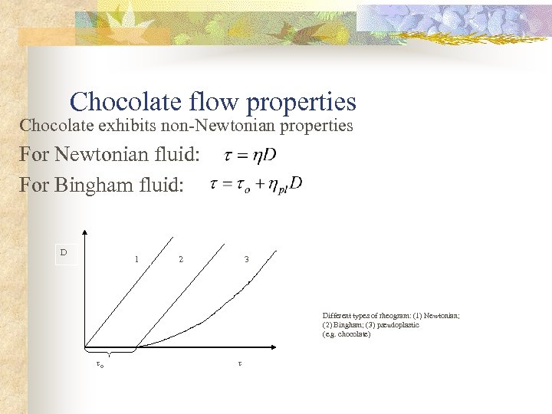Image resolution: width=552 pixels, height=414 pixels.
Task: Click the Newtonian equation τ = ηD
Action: [x=250, y=156]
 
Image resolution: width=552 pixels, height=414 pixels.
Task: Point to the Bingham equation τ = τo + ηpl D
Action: [x=256, y=185]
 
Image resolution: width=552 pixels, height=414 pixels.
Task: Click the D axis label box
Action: [x=64, y=253]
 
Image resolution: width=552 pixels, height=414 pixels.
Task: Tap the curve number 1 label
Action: [x=136, y=258]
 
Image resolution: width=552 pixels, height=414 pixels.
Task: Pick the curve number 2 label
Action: [x=180, y=259]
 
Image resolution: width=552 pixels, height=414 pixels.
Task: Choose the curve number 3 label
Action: [x=246, y=259]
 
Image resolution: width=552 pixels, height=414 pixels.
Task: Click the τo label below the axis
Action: [x=100, y=365]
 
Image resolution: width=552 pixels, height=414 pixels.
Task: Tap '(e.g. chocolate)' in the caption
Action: [x=347, y=334]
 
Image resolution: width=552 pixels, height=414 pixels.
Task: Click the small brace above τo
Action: [x=110, y=353]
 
